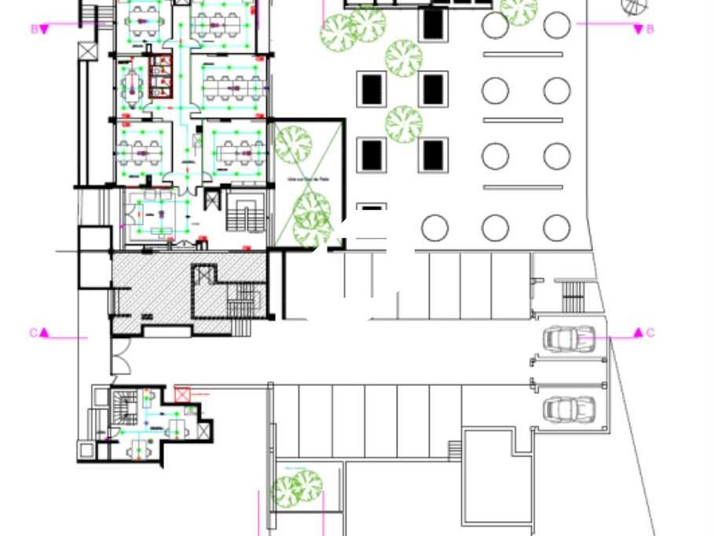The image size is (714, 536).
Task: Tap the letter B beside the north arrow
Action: pyautogui.click(x=650, y=29)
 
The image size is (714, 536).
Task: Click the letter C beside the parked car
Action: pyautogui.click(x=650, y=333)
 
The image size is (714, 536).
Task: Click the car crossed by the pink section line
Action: pyautogui.click(x=569, y=340)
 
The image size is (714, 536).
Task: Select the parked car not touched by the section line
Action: pyautogui.click(x=569, y=409)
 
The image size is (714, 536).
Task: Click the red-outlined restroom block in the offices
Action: pyautogui.click(x=160, y=76)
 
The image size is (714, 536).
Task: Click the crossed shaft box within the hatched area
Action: pyautogui.click(x=204, y=274)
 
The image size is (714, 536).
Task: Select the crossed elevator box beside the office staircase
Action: pyautogui.click(x=211, y=200)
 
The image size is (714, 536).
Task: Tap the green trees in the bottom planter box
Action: pyautogui.click(x=296, y=489)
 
